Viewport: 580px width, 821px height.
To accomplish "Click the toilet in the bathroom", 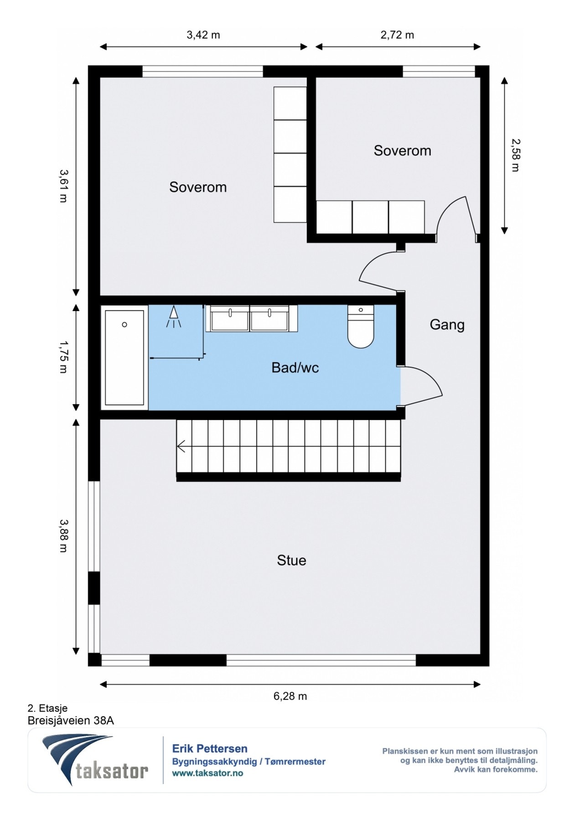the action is click(361, 326).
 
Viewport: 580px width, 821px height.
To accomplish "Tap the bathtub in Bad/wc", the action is click(124, 358).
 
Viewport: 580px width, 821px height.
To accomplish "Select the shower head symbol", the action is click(173, 317).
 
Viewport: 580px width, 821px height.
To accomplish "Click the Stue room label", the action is click(291, 560).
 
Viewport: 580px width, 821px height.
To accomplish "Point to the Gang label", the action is click(447, 325).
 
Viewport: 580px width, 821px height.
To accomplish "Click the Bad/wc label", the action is click(295, 368).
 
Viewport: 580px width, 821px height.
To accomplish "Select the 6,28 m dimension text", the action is click(290, 696).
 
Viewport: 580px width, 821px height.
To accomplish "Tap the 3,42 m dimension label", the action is click(203, 35).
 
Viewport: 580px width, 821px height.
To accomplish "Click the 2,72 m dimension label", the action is click(397, 35).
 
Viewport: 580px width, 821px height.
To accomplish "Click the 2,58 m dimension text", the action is click(516, 155).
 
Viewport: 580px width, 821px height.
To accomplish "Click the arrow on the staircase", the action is click(181, 446).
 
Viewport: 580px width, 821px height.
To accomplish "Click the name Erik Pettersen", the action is click(210, 748).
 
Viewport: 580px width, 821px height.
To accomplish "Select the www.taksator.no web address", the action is click(207, 773).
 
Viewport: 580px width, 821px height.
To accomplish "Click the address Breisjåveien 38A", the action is click(71, 721).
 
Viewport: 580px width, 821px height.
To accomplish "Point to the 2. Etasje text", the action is click(47, 708).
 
